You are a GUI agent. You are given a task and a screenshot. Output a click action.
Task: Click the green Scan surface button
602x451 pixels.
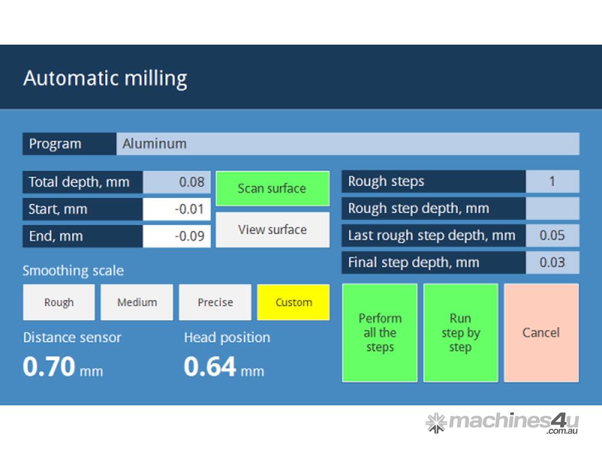point(273,189)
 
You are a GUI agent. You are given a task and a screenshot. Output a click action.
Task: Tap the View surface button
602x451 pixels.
point(273,230)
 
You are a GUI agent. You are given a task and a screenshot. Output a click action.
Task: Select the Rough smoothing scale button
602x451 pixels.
point(59,302)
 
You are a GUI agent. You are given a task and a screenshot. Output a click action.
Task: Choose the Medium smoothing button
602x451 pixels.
point(136,302)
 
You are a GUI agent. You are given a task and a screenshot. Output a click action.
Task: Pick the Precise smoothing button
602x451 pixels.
point(215,302)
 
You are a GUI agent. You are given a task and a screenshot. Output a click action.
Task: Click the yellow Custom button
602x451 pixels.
point(293,302)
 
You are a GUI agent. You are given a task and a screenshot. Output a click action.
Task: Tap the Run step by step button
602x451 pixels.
point(461,332)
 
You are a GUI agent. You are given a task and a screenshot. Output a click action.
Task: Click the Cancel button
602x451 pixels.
point(541,332)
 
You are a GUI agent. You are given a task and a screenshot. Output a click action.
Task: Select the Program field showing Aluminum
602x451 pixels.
point(348,144)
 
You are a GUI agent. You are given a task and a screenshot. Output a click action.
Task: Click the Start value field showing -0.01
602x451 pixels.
point(176,209)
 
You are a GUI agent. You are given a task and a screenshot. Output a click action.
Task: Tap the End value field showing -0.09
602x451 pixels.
point(176,236)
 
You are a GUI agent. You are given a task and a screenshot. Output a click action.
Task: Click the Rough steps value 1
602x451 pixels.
point(553,181)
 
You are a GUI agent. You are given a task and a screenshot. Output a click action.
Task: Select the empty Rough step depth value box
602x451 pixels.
point(553,208)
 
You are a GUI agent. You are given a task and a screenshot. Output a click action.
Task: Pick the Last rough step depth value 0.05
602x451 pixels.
point(553,235)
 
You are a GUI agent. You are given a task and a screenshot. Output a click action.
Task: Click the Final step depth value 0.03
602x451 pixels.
point(553,262)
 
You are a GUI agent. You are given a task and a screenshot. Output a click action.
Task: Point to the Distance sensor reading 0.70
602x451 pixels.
point(49,366)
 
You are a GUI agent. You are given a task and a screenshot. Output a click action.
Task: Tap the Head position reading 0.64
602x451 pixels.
point(210,366)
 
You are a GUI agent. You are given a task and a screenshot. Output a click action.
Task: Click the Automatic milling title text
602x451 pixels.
point(105,79)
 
